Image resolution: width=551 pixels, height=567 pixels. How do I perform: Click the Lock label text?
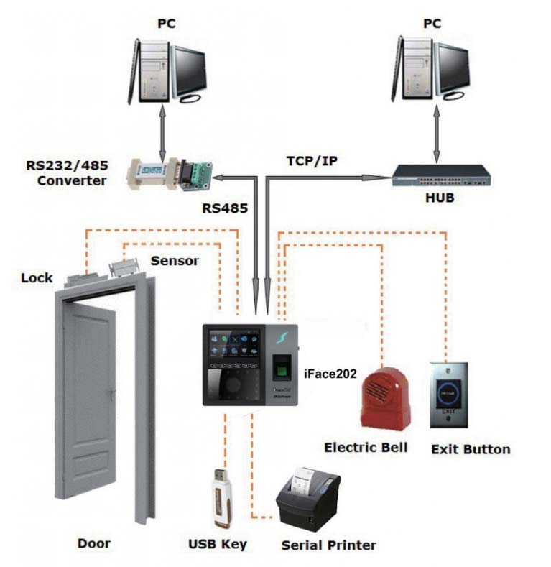(x=37, y=277)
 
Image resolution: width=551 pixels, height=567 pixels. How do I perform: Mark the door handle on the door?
(x=111, y=394)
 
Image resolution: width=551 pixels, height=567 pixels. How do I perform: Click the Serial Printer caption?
(x=328, y=545)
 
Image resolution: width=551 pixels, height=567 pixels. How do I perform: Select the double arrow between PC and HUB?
(x=436, y=132)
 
